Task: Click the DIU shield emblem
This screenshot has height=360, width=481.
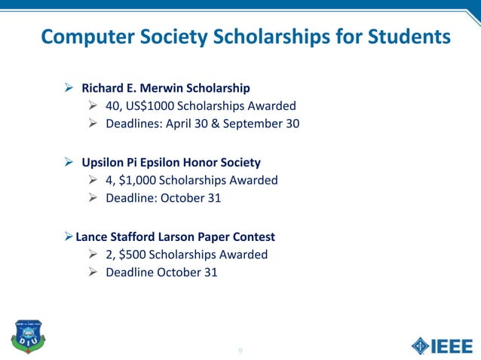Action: (26, 337)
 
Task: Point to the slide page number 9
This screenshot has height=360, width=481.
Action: (240, 351)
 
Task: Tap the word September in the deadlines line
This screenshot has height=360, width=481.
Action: (253, 124)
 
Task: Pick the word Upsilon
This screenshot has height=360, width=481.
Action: (103, 162)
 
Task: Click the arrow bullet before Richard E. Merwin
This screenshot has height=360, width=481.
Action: (69, 88)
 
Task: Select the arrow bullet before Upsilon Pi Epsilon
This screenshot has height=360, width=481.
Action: (69, 162)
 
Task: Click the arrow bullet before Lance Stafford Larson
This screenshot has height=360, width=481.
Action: (69, 236)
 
